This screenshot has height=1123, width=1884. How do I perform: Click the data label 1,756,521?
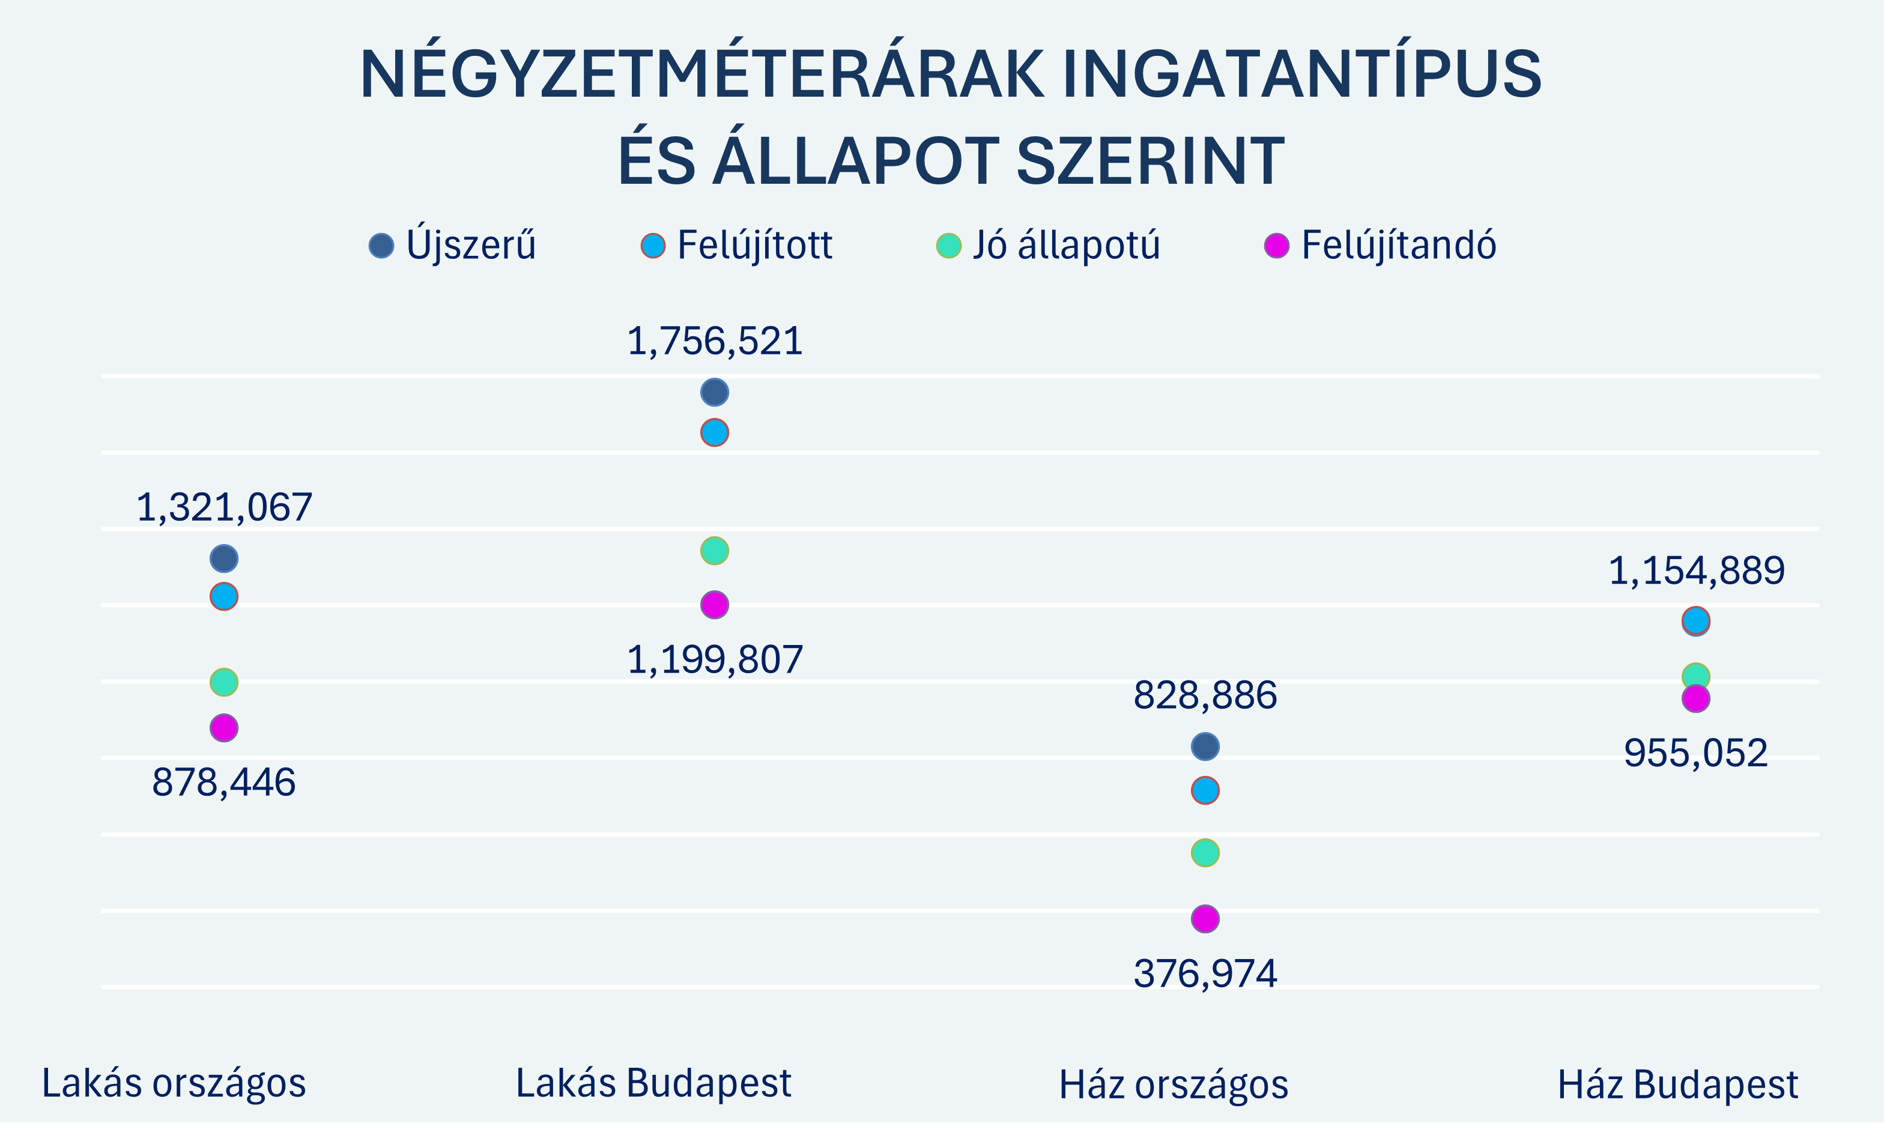[x=714, y=341]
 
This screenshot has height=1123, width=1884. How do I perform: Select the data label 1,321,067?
[x=224, y=507]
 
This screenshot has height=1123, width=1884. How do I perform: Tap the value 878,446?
[x=224, y=782]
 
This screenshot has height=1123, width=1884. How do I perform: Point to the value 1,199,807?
[x=714, y=659]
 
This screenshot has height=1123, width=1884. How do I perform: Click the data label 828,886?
[x=1205, y=695]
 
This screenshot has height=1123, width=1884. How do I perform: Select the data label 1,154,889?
[x=1695, y=571]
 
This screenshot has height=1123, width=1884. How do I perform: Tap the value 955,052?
[x=1695, y=753]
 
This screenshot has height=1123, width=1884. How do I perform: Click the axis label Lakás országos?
[x=174, y=1083]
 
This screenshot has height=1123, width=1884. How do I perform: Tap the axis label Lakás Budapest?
[x=653, y=1083]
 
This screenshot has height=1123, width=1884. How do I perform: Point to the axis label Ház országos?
[x=1173, y=1085]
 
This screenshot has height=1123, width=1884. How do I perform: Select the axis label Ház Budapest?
[x=1677, y=1085]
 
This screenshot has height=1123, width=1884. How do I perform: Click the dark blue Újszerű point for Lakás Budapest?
[x=714, y=393]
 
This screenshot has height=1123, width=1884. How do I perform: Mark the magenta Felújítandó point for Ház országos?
[x=1205, y=919]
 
